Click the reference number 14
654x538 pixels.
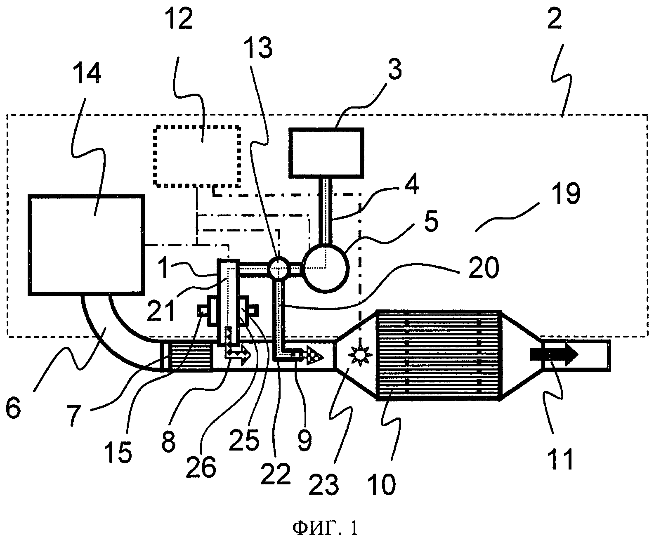(87, 73)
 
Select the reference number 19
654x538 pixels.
(566, 193)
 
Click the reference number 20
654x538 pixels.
(484, 267)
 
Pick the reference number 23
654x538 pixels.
(324, 484)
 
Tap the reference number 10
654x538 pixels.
(382, 484)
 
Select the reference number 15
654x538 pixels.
(118, 453)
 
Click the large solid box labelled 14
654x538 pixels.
(86, 245)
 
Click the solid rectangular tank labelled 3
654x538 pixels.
(326, 153)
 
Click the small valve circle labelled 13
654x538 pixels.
(279, 268)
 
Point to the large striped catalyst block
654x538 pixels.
(439, 355)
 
